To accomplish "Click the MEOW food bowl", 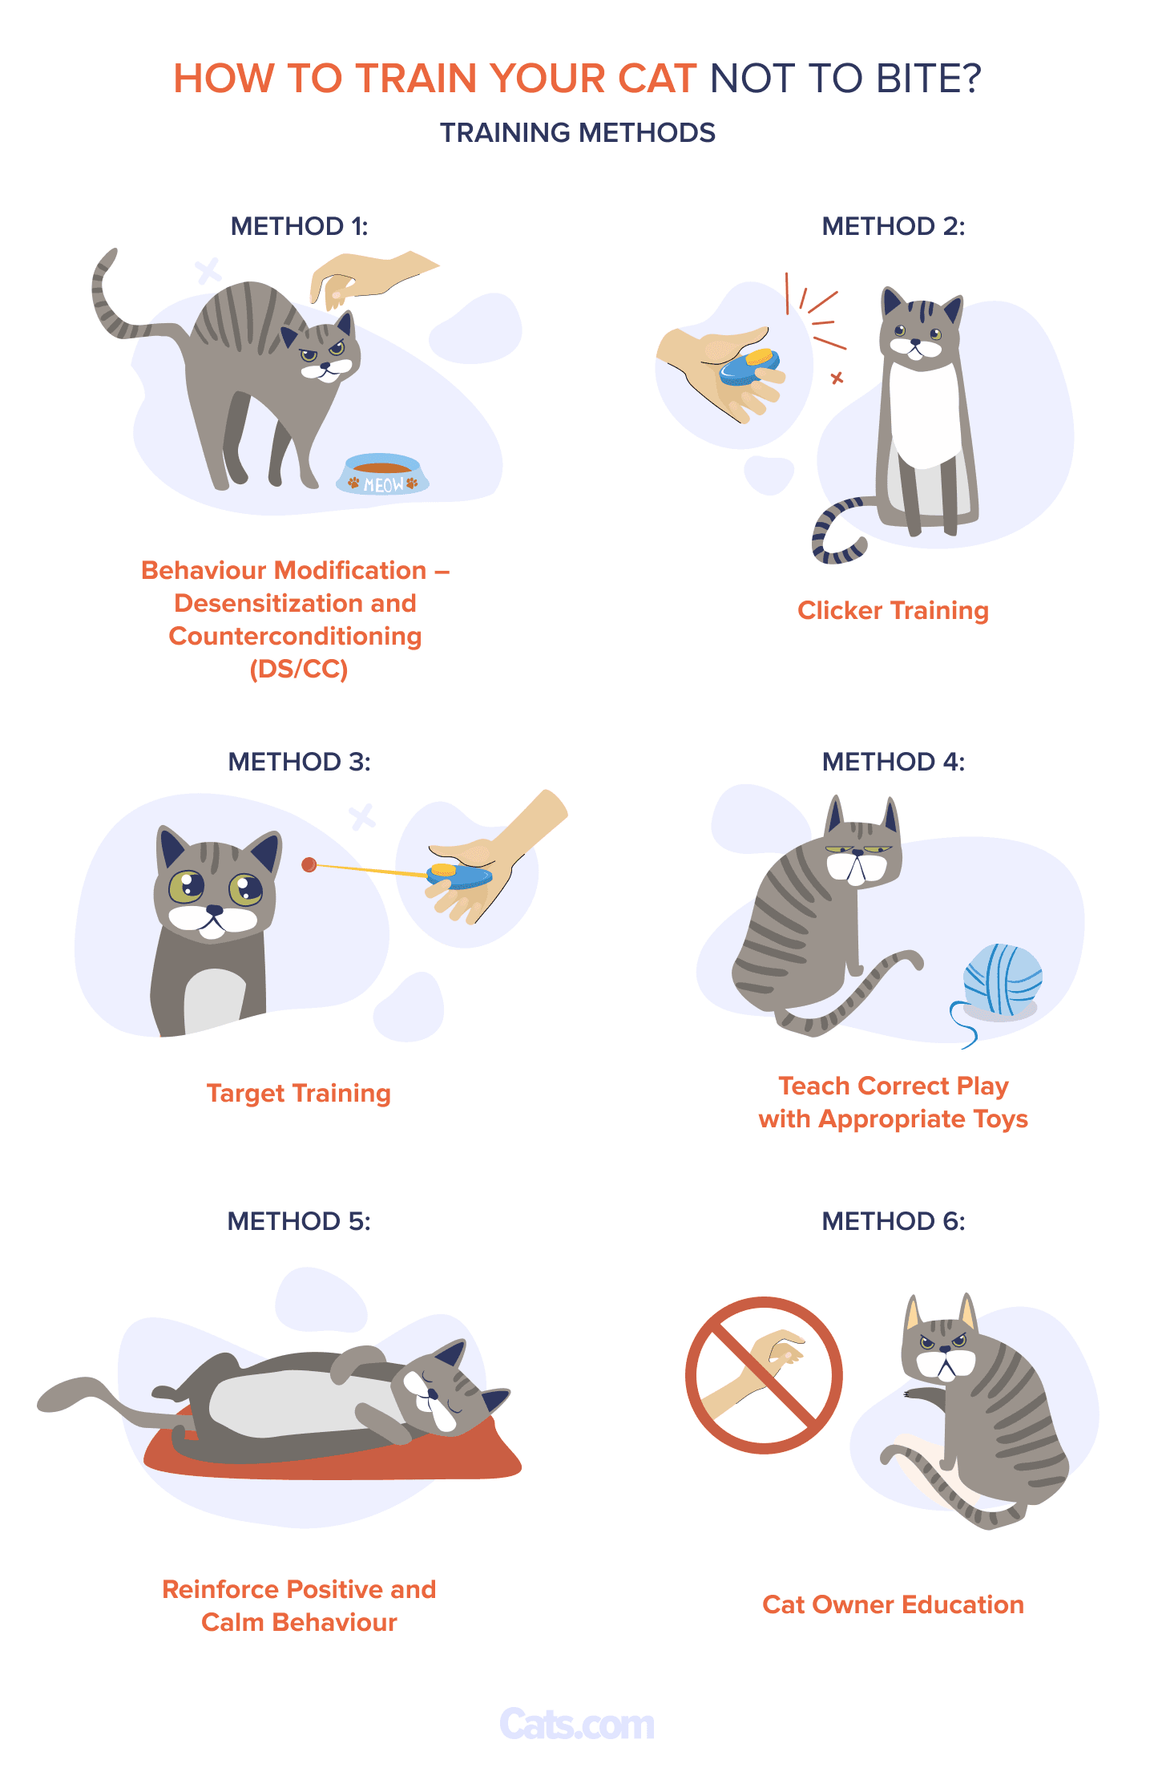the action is (x=382, y=475).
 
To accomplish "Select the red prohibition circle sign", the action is (x=764, y=1375).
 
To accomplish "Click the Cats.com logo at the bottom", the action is (x=577, y=1724).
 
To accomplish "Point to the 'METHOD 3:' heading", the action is (x=300, y=761).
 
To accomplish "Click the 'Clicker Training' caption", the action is (x=893, y=611).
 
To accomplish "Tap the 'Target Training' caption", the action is (x=299, y=1094).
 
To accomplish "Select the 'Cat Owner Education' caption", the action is (x=893, y=1604).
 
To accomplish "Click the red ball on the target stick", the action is (x=309, y=864).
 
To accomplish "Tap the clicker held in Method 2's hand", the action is (x=749, y=366).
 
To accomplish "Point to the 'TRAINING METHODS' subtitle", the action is (x=577, y=133).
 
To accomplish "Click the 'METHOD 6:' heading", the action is (x=894, y=1221).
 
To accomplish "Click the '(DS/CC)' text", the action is (x=299, y=669).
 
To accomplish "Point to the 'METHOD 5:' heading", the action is (x=299, y=1221).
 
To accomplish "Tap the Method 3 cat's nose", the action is (x=214, y=910).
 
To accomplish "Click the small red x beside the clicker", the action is (x=837, y=378).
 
